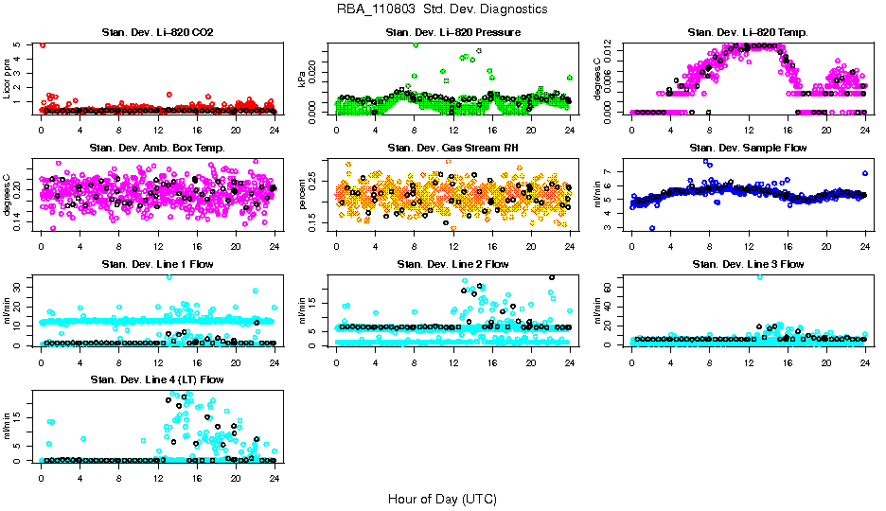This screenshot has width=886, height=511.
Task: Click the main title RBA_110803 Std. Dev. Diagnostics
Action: [x=441, y=9]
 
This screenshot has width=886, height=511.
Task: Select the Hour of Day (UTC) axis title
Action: [x=441, y=499]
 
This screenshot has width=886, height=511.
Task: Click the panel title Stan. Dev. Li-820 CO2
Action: [x=157, y=33]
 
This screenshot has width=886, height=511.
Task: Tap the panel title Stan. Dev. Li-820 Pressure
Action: [x=452, y=33]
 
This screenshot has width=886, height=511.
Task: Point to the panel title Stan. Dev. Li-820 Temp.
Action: [x=748, y=33]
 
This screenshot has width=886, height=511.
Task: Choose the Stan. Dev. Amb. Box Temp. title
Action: [x=157, y=149]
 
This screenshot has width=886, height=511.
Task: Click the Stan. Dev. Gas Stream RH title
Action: [x=452, y=149]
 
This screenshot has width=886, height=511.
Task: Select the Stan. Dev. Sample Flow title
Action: [x=748, y=149]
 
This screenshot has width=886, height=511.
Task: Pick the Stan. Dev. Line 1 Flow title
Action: [x=157, y=264]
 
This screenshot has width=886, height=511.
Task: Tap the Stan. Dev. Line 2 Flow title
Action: [x=452, y=264]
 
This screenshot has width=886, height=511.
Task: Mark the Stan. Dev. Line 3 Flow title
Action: [x=748, y=264]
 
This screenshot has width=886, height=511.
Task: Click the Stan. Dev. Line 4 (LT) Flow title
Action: [x=157, y=379]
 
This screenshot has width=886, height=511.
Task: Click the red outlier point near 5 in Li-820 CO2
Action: [x=43, y=44]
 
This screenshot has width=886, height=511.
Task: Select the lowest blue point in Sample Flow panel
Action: [x=651, y=228]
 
